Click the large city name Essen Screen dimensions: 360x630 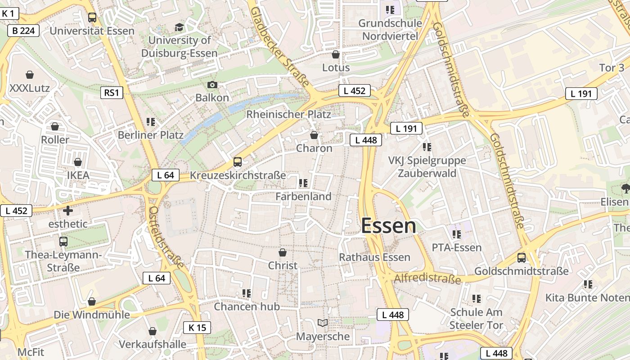click(x=389, y=225)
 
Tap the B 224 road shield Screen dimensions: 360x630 click(x=23, y=31)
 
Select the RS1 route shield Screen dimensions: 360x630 click(x=111, y=93)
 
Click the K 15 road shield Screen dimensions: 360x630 click(x=197, y=328)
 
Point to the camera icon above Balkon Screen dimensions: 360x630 click(x=212, y=85)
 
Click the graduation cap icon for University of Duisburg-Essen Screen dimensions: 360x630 click(x=179, y=27)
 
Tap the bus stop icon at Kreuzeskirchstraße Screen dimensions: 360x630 click(x=238, y=162)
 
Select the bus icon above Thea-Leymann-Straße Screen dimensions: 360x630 click(x=63, y=242)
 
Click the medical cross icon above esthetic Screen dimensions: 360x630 click(x=68, y=210)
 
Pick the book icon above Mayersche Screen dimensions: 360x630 click(x=322, y=323)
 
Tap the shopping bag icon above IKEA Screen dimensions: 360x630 click(x=78, y=162)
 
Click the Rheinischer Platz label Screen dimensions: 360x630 click(x=288, y=114)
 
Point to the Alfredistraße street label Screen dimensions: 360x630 click(x=427, y=279)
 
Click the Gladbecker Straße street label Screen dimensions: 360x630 click(x=280, y=46)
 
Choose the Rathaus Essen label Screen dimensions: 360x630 click(x=374, y=257)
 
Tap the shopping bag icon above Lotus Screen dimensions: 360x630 click(x=335, y=54)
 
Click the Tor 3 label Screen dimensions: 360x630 click(x=612, y=68)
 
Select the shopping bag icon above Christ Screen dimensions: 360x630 click(x=283, y=252)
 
